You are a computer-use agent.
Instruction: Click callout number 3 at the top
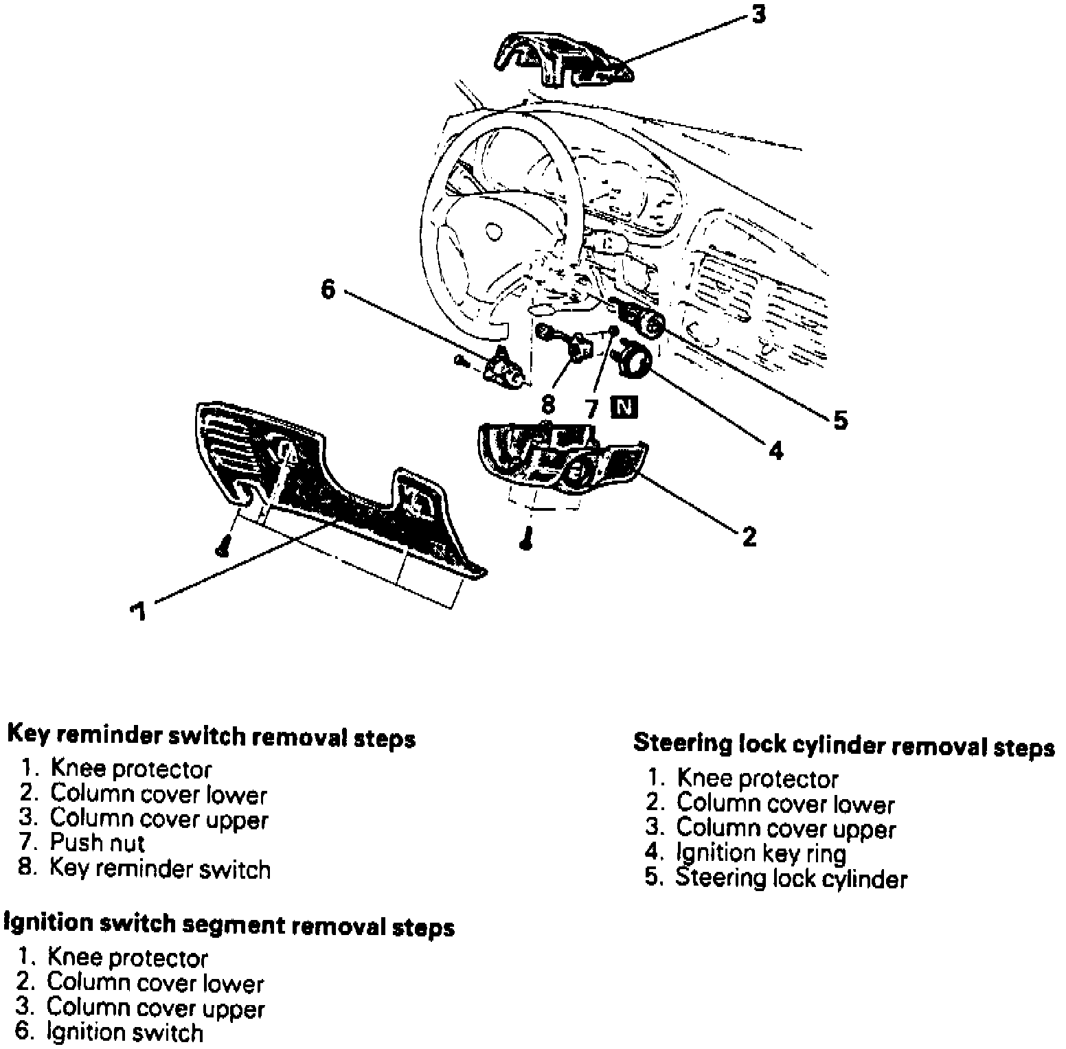tap(758, 14)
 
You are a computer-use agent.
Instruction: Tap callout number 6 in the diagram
tap(328, 290)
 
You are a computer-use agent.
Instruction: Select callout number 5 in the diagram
tap(841, 419)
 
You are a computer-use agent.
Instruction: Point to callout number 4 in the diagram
tap(775, 451)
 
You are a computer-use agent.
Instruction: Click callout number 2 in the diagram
tap(749, 536)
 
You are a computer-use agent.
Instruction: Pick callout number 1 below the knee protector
tap(139, 610)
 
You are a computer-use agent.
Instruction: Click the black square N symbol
tap(624, 408)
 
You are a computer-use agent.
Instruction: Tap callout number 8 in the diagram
tap(547, 404)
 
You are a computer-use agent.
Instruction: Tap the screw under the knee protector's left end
tap(222, 548)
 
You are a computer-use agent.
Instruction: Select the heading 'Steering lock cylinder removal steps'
tap(843, 745)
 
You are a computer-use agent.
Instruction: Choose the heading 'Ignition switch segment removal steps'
tap(229, 927)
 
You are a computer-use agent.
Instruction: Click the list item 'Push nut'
tap(97, 843)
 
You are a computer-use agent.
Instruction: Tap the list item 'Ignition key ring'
tap(761, 853)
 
